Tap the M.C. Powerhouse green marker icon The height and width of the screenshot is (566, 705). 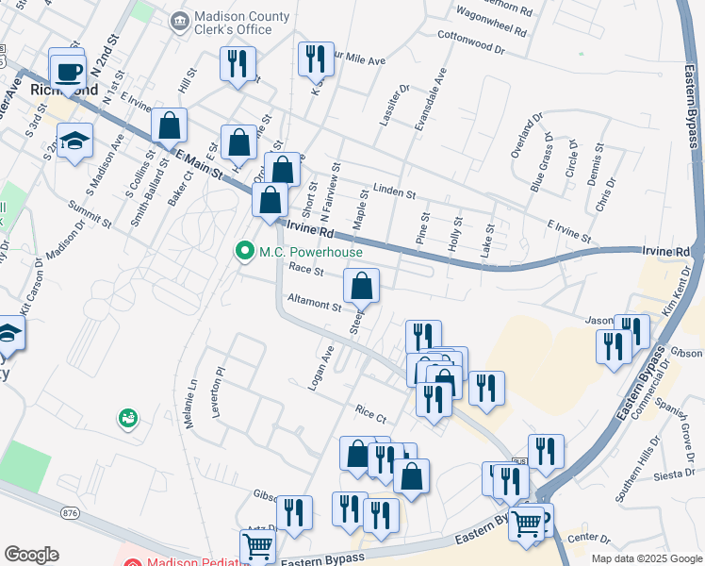tap(245, 251)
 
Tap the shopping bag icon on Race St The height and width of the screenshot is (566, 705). tap(361, 284)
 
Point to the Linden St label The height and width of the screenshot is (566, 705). tap(395, 193)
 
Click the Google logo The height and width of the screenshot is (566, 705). tap(31, 555)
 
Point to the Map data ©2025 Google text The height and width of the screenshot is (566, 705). tap(646, 558)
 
